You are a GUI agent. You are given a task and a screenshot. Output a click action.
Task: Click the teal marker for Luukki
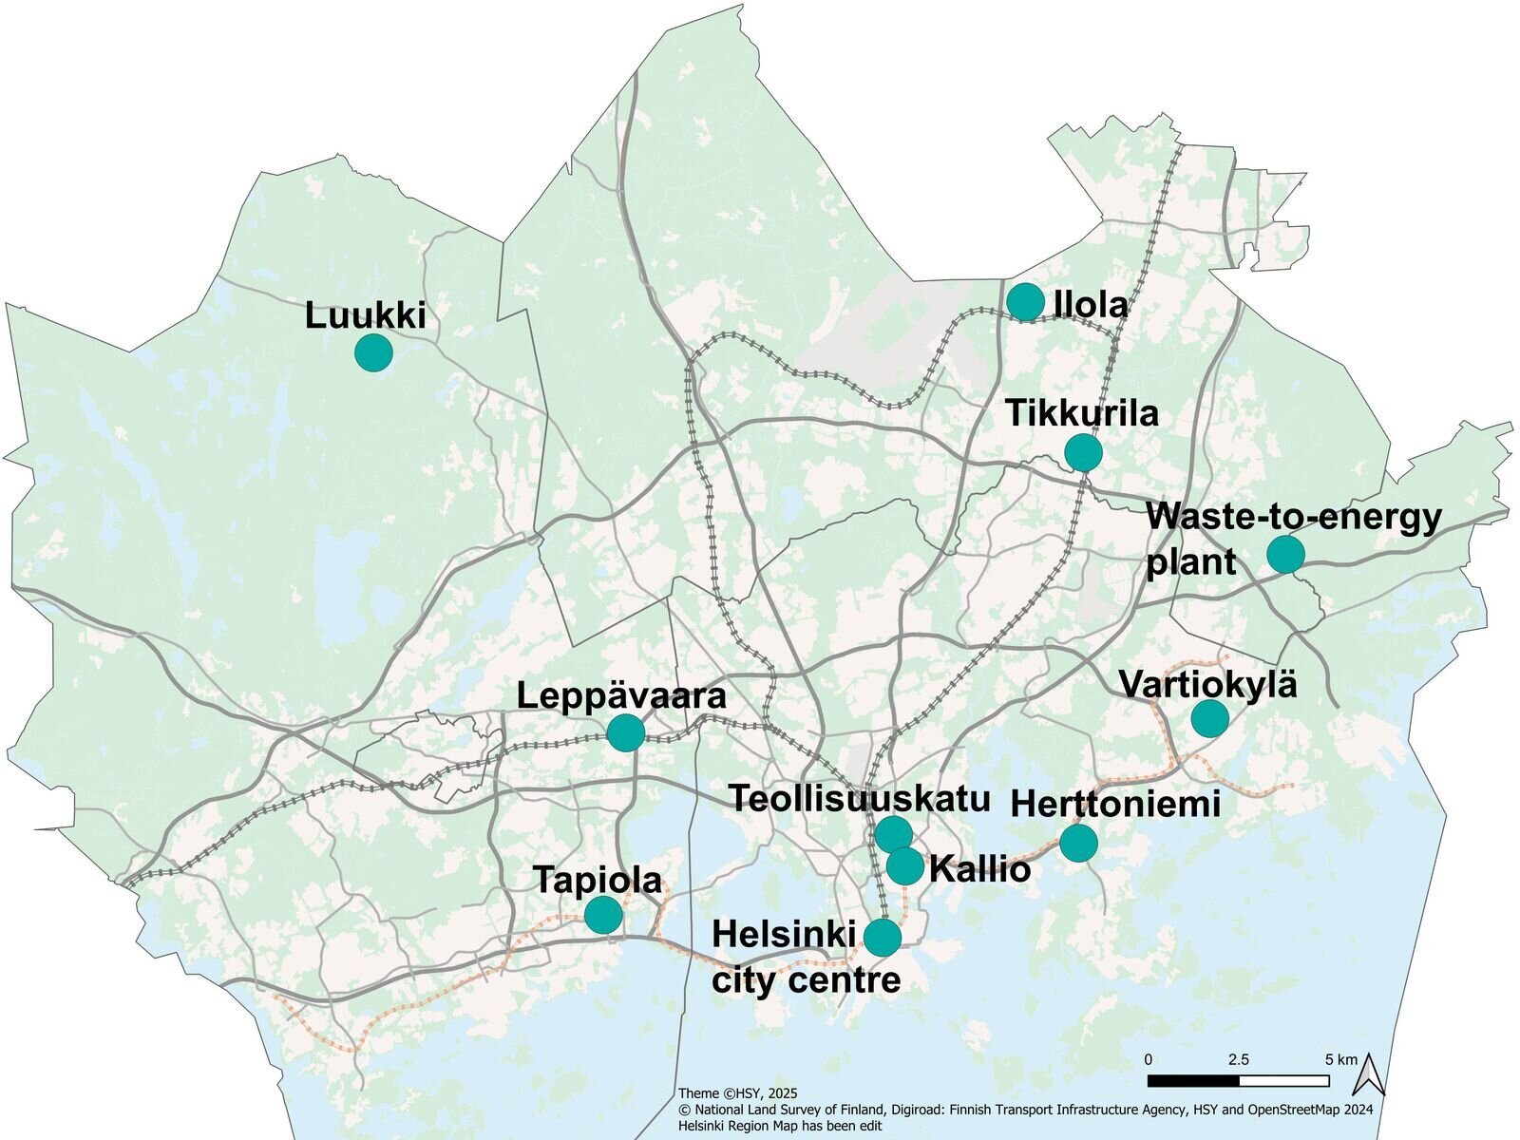(x=373, y=352)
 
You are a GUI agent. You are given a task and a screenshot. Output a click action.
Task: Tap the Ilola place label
(x=1091, y=305)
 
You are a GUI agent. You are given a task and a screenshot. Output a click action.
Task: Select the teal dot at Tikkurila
(x=1083, y=452)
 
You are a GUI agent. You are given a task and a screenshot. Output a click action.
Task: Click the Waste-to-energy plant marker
(x=1285, y=554)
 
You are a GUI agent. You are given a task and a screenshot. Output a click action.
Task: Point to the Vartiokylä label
(x=1207, y=684)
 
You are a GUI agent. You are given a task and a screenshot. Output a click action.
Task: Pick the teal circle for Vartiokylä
(x=1209, y=718)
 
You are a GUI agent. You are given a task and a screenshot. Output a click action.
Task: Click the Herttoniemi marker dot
(x=1078, y=843)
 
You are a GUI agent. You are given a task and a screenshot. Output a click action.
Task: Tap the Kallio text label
(x=979, y=869)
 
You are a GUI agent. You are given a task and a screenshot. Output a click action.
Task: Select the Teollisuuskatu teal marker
(x=894, y=834)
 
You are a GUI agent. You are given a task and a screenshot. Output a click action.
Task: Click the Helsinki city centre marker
(x=883, y=938)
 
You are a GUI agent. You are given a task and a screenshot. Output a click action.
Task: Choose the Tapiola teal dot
(x=603, y=915)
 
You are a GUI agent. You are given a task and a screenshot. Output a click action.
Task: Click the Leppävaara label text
(x=621, y=695)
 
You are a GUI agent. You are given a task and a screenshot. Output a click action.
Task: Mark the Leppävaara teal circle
(x=625, y=732)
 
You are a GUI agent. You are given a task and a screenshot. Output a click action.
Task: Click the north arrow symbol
(x=1369, y=1074)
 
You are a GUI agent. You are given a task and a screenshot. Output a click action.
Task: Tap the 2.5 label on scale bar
(x=1238, y=1059)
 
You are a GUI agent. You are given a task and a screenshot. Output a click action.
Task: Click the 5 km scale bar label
(x=1340, y=1059)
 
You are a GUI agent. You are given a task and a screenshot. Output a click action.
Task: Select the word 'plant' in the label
(x=1190, y=561)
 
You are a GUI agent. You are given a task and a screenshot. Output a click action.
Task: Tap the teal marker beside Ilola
(x=1025, y=302)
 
